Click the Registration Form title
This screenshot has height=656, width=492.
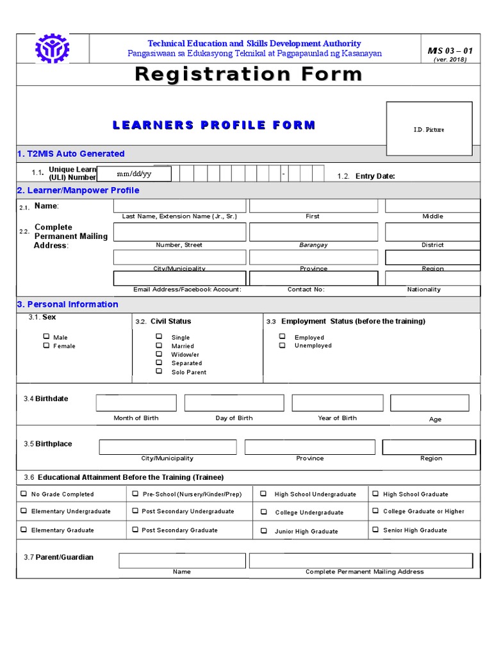(x=249, y=74)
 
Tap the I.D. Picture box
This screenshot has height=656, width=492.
(x=429, y=129)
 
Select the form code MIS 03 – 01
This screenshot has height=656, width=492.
(x=450, y=51)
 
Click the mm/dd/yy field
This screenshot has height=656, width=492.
(x=135, y=174)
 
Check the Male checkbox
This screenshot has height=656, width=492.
(x=46, y=336)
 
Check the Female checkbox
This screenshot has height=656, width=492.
(x=46, y=345)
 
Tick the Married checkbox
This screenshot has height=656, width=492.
(x=159, y=345)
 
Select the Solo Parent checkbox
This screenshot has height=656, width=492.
(x=159, y=372)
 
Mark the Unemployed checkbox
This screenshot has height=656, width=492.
(x=282, y=345)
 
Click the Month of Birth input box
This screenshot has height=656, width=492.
(x=136, y=403)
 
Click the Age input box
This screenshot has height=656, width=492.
(x=429, y=403)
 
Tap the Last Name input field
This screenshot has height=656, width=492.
(x=179, y=206)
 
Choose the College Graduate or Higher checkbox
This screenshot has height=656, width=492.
(x=376, y=511)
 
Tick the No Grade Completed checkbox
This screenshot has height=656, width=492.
(x=24, y=494)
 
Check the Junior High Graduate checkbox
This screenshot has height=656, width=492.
(x=264, y=531)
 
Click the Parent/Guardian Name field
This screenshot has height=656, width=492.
(x=182, y=561)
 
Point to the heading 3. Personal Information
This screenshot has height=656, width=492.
(x=67, y=304)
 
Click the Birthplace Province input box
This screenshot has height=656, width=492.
(x=310, y=447)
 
